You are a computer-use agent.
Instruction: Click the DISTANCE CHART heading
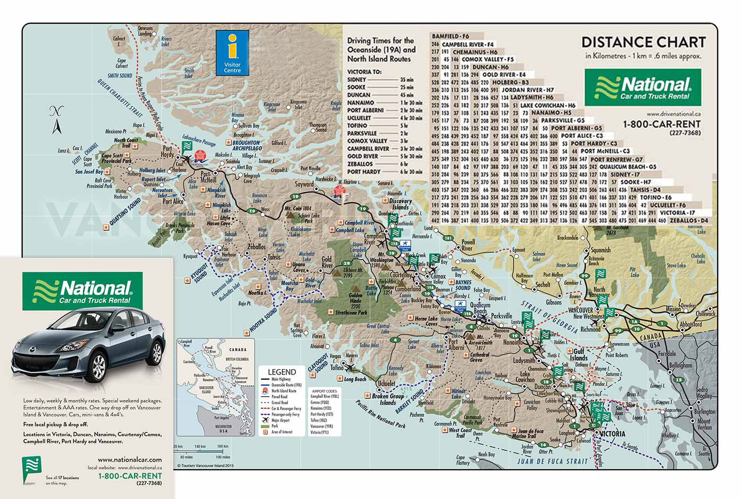tap(643, 42)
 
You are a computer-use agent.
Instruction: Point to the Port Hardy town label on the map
tap(167, 152)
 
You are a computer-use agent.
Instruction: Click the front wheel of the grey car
tap(99, 366)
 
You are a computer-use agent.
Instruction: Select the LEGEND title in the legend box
tap(281, 372)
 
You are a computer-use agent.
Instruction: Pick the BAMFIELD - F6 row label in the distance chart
tap(454, 37)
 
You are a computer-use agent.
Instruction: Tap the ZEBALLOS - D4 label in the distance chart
tap(688, 220)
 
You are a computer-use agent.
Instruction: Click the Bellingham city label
tap(680, 366)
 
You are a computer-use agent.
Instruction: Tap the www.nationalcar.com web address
tap(130, 460)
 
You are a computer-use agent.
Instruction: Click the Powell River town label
tap(466, 245)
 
